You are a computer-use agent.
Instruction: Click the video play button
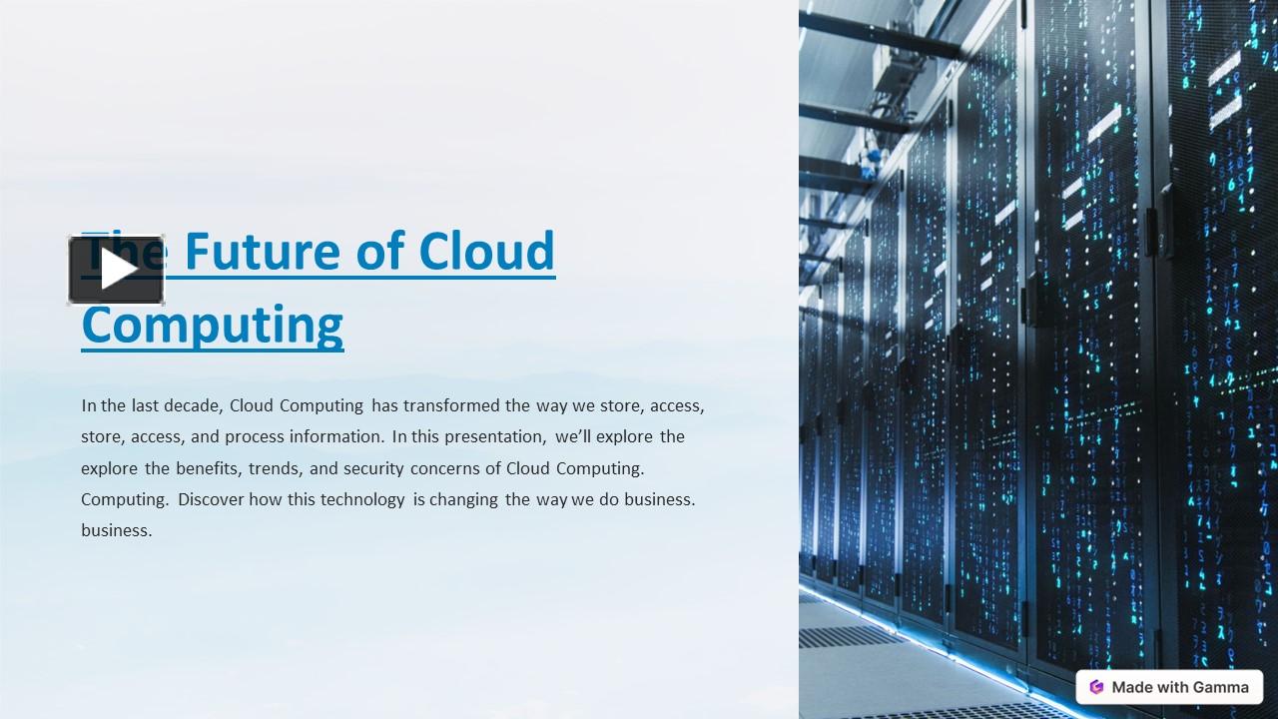[116, 270]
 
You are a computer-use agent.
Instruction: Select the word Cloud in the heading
[486, 252]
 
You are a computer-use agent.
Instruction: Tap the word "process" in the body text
[255, 436]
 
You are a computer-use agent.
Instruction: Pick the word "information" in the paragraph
[336, 436]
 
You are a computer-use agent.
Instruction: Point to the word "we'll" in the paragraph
[575, 436]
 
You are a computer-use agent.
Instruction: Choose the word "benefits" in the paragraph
[208, 467]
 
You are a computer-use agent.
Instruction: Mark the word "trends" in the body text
[273, 467]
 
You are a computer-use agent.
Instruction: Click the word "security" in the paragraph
[373, 467]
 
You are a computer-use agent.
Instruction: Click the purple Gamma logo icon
[1096, 687]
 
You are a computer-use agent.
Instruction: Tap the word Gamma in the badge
[1220, 687]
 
